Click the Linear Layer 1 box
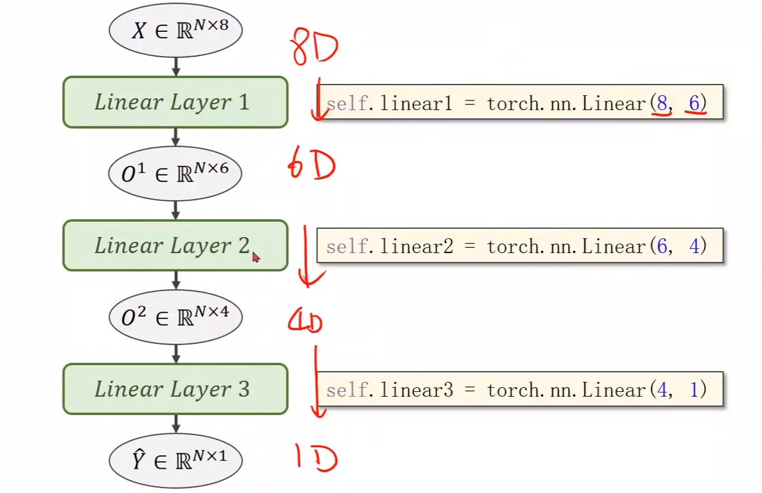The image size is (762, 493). coord(175,102)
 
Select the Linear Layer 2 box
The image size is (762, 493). coord(175,245)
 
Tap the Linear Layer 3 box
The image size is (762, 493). coord(175,389)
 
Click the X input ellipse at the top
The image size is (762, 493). coord(175,30)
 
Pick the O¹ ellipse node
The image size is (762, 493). coord(175,173)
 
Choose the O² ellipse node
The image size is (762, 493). coord(175,317)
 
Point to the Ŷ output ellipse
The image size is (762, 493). coord(175,460)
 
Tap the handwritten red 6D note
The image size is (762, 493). coord(311,166)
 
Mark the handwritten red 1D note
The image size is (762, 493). coord(316,459)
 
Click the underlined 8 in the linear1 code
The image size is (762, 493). coord(662,104)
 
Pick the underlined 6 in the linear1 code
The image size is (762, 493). coord(694,104)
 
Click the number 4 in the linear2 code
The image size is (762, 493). coord(694,246)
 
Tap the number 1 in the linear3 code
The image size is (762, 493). coord(694,390)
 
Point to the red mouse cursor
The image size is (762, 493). coord(256,257)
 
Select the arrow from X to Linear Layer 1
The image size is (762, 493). coord(175,66)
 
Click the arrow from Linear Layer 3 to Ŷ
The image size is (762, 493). coord(175,423)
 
